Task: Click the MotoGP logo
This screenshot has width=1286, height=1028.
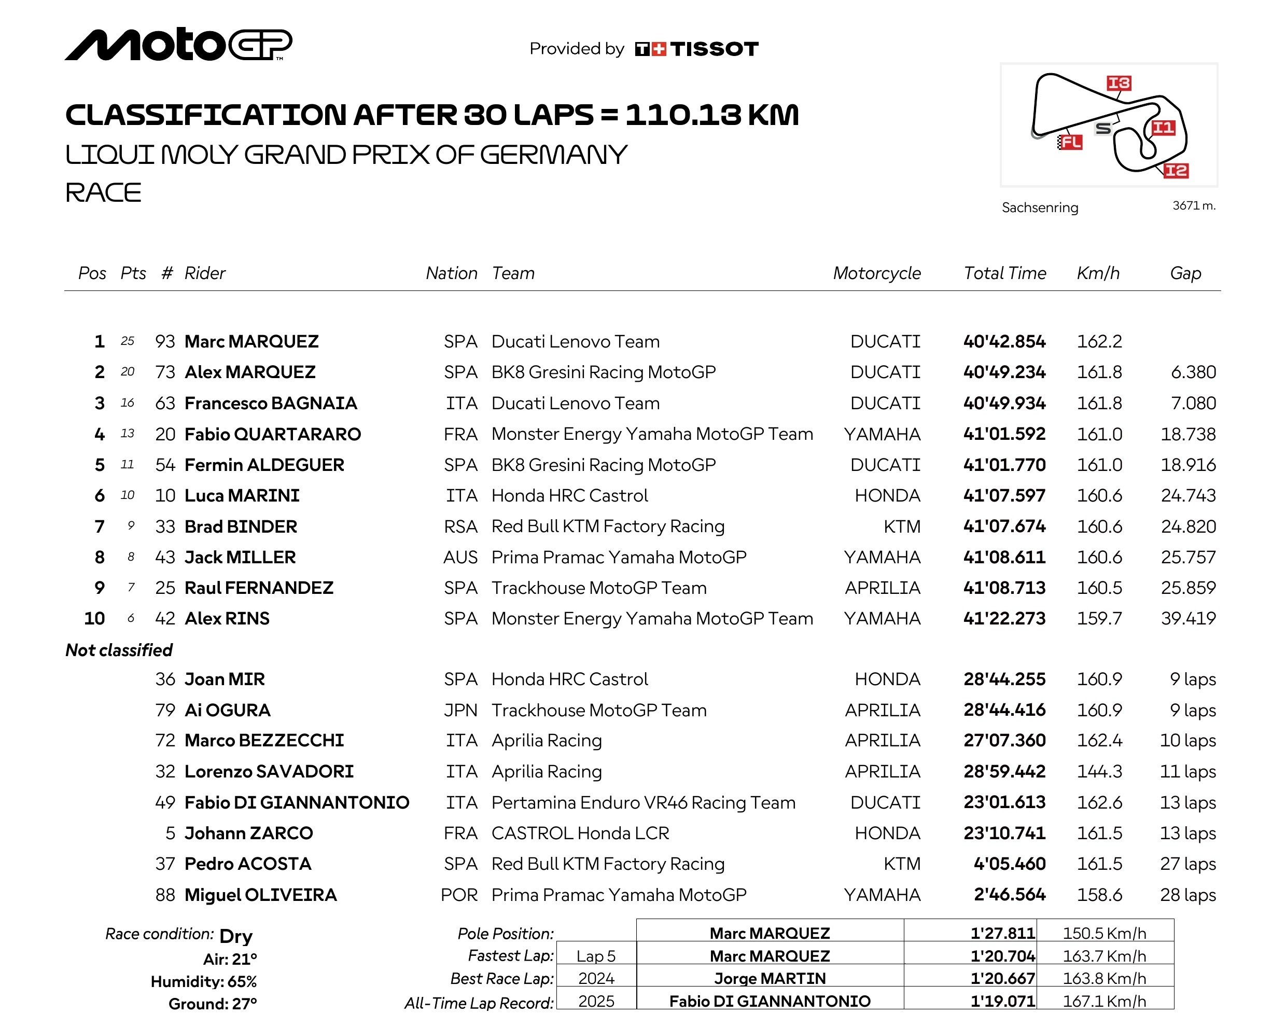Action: [178, 45]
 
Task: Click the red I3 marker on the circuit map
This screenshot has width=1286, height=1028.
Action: [1119, 83]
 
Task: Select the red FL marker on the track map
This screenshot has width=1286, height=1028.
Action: [1070, 142]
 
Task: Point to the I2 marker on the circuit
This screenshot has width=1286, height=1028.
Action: [1176, 171]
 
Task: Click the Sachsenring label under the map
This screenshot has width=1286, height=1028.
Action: [1040, 207]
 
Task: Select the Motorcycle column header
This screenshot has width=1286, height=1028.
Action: [876, 273]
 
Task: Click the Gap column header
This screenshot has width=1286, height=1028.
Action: [1185, 273]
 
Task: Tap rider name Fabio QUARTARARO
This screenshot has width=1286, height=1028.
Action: [273, 434]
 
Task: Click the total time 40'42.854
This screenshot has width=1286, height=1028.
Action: [1004, 341]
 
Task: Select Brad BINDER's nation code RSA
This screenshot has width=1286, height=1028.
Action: [460, 527]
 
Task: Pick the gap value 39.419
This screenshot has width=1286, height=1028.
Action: [1187, 619]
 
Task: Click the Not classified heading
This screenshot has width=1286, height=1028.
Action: [119, 650]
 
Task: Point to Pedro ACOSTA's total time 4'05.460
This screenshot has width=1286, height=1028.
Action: [1009, 864]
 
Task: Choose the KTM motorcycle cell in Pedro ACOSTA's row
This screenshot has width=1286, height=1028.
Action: [901, 864]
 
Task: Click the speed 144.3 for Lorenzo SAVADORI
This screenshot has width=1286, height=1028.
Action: [1099, 771]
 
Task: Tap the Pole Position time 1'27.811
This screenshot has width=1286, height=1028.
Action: [1002, 933]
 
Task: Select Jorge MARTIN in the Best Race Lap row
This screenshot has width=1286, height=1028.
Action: [770, 979]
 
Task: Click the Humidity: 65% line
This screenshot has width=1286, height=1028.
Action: [203, 981]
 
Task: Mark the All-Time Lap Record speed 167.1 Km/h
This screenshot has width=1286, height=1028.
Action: [1104, 1001]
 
